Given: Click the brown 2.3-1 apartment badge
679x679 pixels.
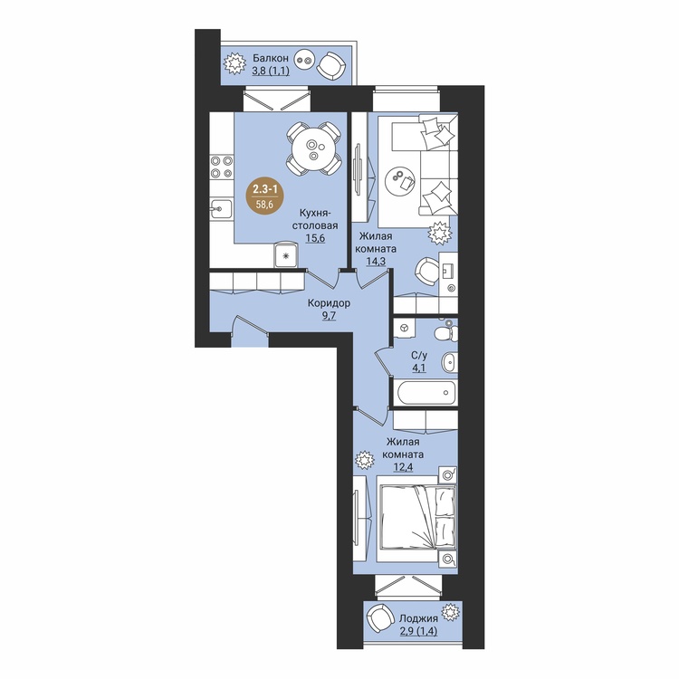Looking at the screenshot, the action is (x=265, y=197).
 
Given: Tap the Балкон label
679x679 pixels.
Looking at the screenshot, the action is (x=271, y=58).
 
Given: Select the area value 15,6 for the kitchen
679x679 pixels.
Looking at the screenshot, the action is (x=315, y=238).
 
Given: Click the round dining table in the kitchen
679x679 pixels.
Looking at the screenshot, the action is (x=313, y=149).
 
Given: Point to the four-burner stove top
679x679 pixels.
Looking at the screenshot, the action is (x=221, y=167).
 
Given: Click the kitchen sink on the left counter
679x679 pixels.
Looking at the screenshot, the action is (x=221, y=210).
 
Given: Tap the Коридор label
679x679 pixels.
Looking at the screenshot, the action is (x=330, y=303).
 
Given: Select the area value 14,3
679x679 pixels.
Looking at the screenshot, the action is (x=376, y=262).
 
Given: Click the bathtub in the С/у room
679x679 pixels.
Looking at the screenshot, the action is (x=426, y=393).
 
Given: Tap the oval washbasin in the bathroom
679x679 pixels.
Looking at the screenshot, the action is (x=449, y=362).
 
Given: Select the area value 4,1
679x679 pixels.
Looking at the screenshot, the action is (x=419, y=369).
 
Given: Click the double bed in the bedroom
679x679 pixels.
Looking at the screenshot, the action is (x=417, y=518).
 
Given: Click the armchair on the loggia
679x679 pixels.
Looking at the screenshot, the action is (x=378, y=619).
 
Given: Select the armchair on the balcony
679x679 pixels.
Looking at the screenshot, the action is (x=331, y=66).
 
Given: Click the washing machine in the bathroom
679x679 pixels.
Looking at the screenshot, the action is (x=405, y=329).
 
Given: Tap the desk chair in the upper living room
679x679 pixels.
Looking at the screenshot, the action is (x=427, y=272).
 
